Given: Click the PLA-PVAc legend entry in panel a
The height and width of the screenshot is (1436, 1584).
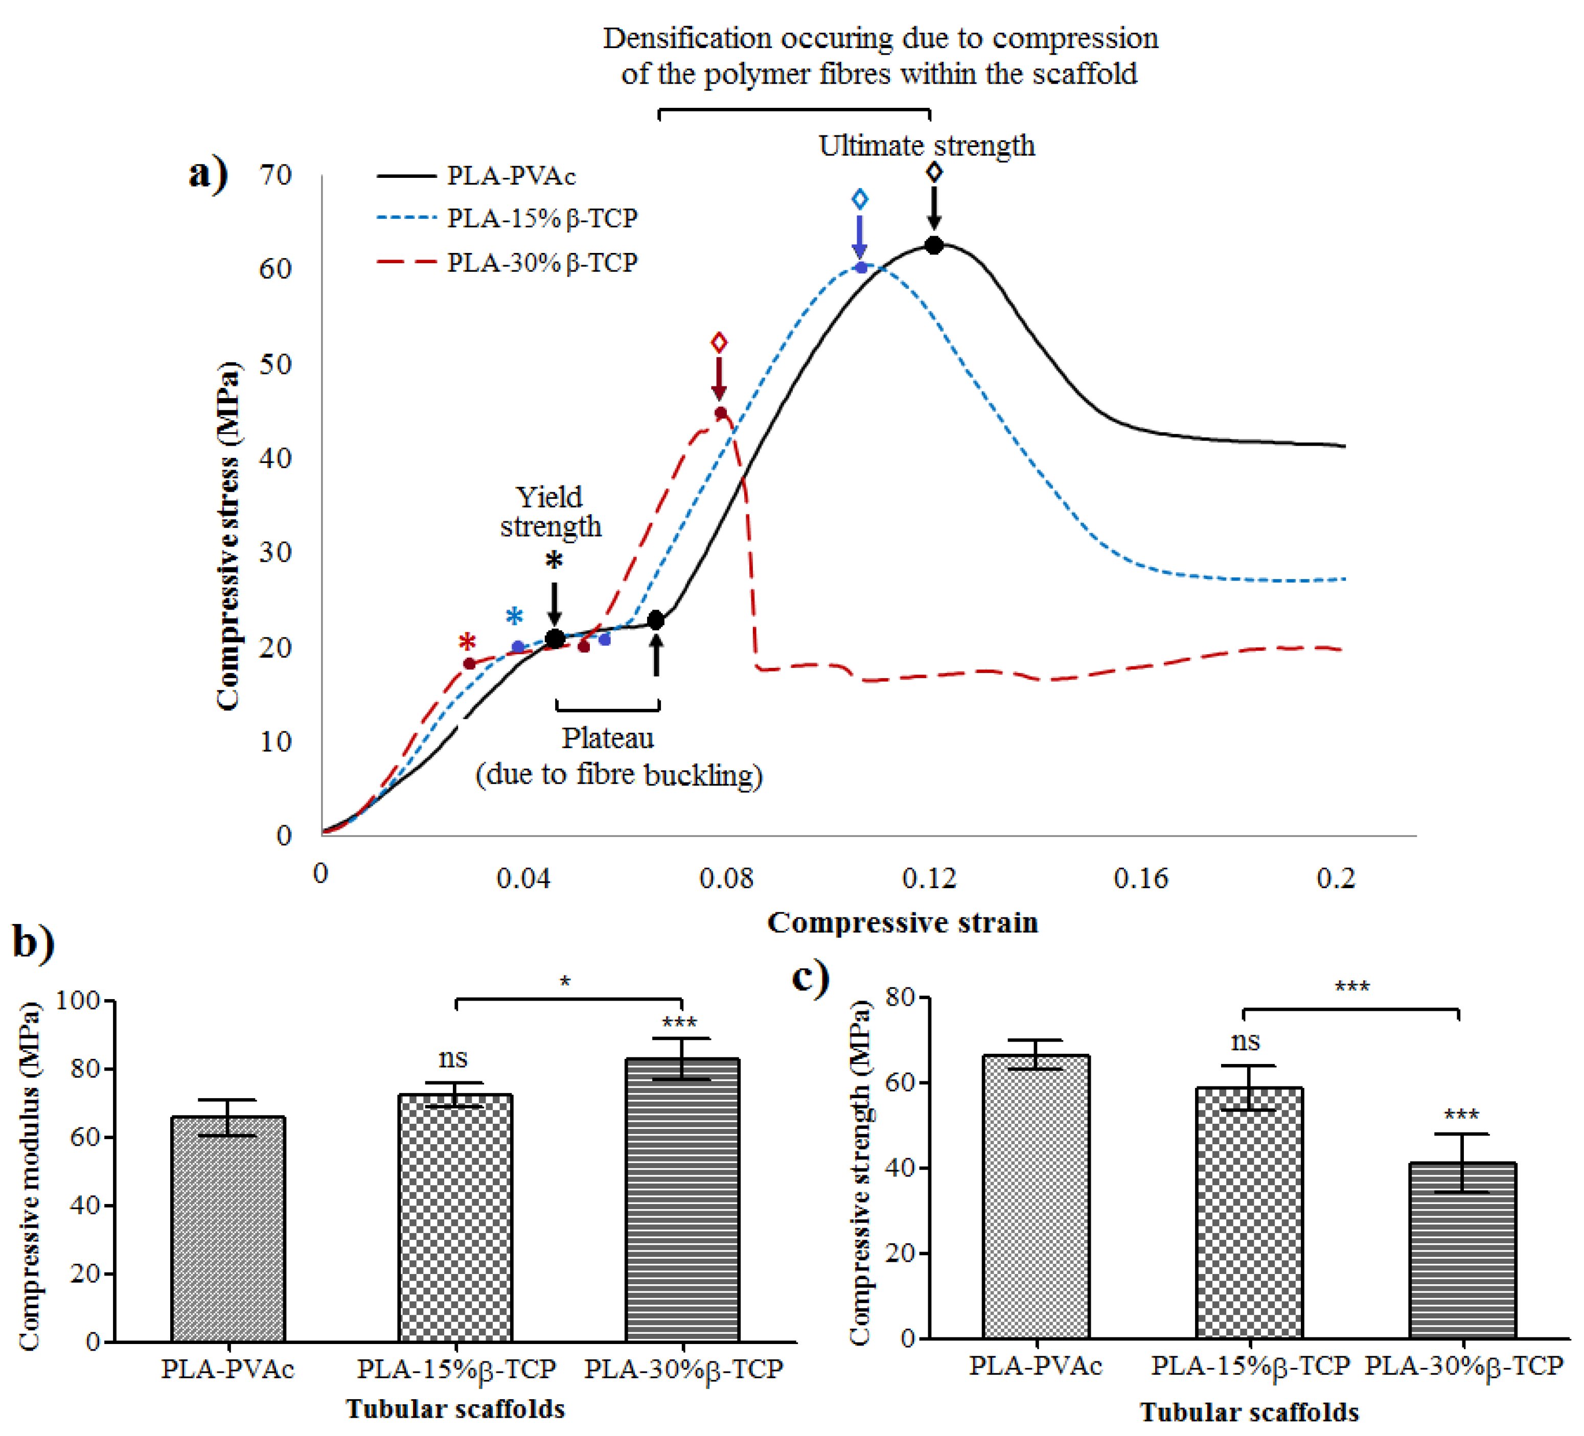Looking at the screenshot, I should [x=510, y=175].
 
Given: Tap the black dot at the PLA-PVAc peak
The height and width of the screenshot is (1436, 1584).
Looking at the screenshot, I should [x=933, y=245].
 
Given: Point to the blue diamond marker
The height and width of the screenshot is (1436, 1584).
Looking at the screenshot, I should [x=860, y=199].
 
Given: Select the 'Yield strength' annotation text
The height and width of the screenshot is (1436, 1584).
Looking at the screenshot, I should [x=550, y=512].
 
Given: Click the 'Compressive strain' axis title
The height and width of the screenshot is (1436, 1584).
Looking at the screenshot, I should [x=902, y=922].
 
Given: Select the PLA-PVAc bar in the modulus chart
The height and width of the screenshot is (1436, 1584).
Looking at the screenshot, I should [x=228, y=1230].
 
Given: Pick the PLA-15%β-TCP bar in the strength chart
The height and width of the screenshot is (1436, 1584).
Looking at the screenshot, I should [x=1249, y=1214].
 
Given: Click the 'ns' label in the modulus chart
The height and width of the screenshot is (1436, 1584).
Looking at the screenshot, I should [x=453, y=1058].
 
